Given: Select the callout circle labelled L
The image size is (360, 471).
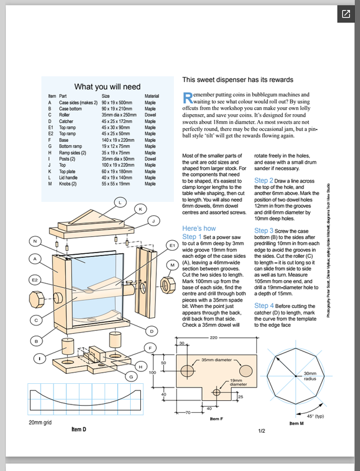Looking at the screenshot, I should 120,202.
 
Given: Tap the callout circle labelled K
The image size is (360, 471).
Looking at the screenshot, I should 141,208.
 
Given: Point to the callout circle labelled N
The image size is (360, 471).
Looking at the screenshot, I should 36,241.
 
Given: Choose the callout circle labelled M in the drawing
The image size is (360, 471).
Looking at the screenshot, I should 171,266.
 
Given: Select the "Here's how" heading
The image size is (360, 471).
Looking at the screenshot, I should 199,228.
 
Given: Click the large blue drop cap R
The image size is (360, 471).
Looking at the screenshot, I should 187,97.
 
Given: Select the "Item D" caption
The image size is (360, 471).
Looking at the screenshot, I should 79,430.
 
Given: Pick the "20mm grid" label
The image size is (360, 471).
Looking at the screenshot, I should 41,423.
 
